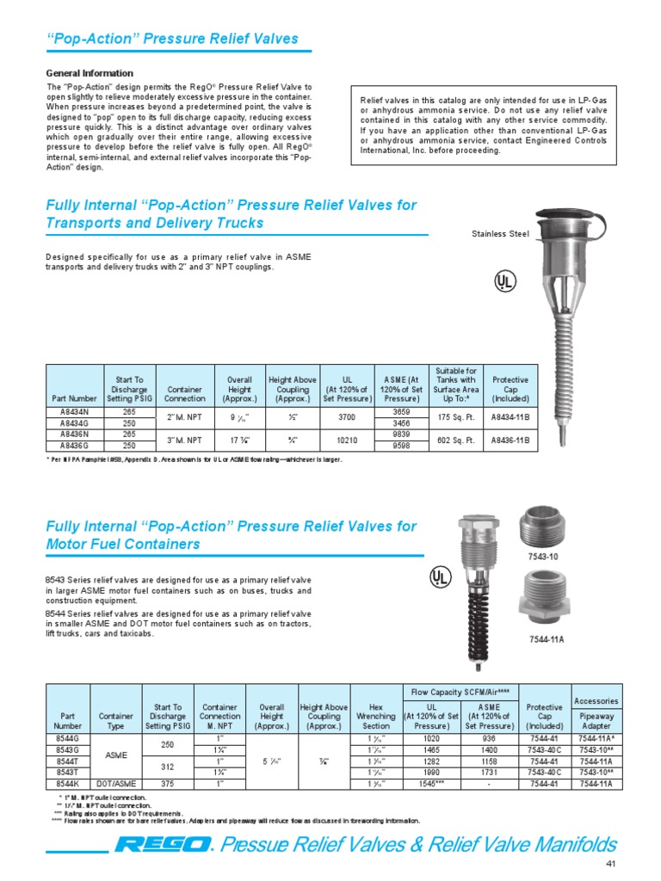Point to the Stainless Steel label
(x=499, y=233)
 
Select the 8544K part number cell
(x=66, y=785)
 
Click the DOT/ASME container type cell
(x=116, y=785)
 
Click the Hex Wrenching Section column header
(x=375, y=715)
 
